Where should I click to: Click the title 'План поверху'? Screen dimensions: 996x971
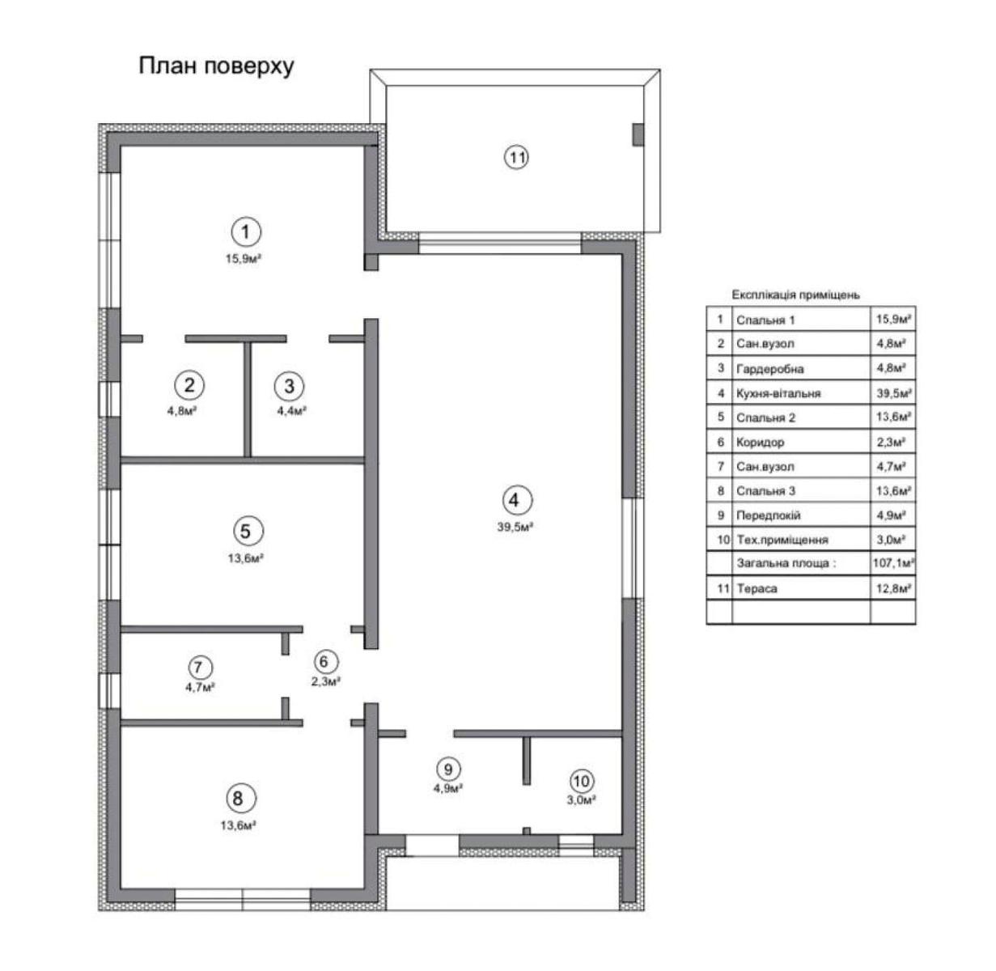click(217, 67)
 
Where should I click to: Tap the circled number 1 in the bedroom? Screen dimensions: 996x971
click(246, 232)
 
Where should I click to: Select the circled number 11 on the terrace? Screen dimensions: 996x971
click(516, 158)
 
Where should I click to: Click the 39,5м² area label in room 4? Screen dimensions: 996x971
click(515, 528)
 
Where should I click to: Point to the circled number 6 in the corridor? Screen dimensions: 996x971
click(324, 662)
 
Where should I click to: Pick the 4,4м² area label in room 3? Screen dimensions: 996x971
click(292, 410)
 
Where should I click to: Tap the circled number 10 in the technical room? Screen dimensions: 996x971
click(582, 782)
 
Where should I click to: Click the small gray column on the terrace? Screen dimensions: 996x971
click(638, 135)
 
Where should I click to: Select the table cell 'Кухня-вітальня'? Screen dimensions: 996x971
click(778, 393)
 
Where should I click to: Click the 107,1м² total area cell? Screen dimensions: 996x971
click(893, 563)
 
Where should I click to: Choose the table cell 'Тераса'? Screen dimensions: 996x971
click(757, 588)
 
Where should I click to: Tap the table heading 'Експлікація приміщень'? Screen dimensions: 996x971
click(796, 295)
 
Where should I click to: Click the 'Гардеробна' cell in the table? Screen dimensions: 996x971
click(769, 369)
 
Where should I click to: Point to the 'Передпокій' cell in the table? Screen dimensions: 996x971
click(769, 515)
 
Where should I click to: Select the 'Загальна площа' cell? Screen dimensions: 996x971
click(786, 563)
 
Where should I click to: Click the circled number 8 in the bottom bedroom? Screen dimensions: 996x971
click(238, 799)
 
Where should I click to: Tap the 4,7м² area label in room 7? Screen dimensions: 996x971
click(200, 687)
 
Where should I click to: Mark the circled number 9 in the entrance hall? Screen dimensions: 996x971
click(448, 769)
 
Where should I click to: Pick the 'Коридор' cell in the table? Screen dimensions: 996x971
click(760, 443)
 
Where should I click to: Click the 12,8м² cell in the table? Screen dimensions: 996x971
click(893, 588)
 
